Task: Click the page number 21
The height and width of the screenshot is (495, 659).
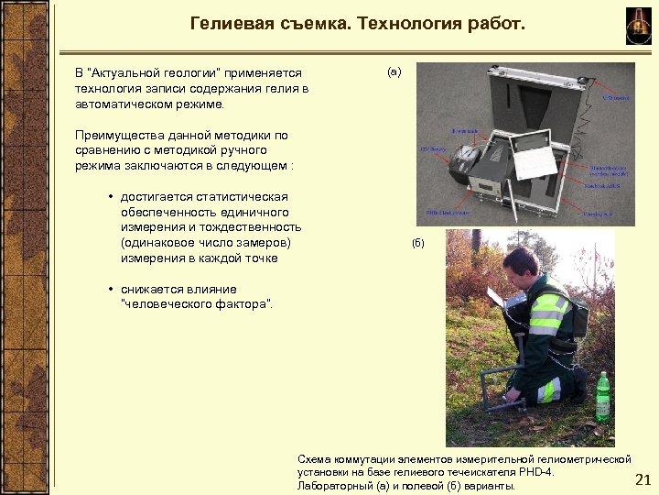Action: (642, 479)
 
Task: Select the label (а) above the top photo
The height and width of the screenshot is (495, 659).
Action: (394, 71)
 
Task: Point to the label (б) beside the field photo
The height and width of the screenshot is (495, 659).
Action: (418, 243)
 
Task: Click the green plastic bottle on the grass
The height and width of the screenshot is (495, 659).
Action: (603, 394)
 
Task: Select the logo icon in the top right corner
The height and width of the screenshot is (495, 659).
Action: (637, 23)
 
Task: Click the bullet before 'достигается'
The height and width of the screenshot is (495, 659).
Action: (110, 197)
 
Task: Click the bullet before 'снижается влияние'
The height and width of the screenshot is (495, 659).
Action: (110, 290)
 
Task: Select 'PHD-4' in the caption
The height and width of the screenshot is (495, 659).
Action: (537, 471)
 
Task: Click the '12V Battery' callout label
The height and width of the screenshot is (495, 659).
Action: (431, 149)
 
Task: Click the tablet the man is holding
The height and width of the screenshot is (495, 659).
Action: (495, 296)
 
